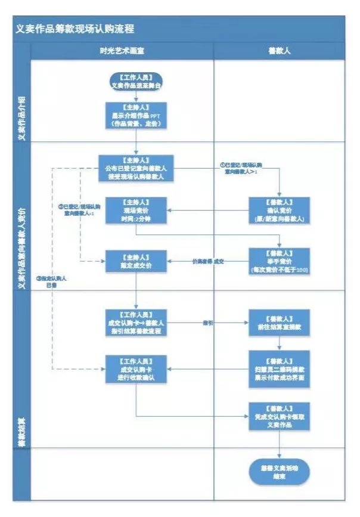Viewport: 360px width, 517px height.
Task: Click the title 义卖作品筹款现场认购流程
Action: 75,28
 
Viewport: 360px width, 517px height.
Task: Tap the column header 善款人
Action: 279,51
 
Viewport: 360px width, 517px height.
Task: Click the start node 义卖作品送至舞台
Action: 136,81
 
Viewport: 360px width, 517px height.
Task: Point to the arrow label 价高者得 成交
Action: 207,261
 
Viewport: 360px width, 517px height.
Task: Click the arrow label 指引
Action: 208,323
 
